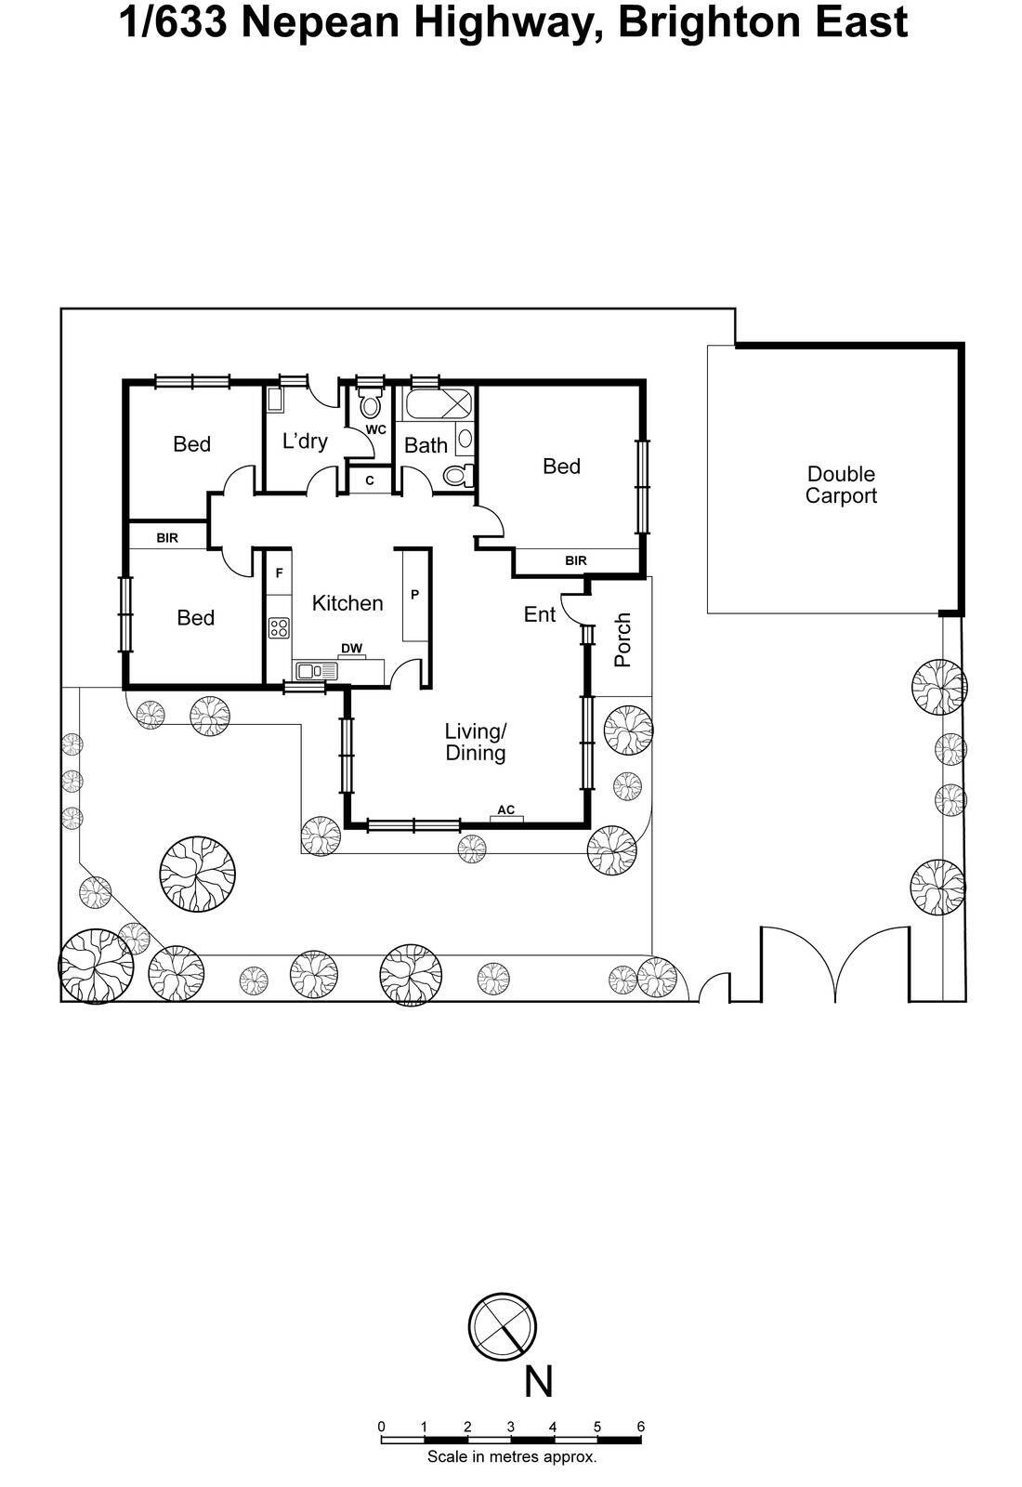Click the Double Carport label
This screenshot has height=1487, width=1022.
(x=841, y=485)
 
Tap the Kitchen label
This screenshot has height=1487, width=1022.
(x=347, y=603)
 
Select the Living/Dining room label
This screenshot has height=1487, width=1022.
(x=475, y=742)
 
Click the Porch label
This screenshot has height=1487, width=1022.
(x=623, y=639)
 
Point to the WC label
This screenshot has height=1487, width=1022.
(x=375, y=430)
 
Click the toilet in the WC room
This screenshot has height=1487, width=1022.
(x=371, y=405)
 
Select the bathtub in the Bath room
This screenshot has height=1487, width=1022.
(x=437, y=405)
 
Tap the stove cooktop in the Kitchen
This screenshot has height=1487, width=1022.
(x=279, y=627)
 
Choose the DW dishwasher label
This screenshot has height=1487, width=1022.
(x=351, y=649)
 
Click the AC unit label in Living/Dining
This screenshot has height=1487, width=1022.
(x=505, y=810)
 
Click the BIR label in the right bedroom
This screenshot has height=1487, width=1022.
(x=576, y=560)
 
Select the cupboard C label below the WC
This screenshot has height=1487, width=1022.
(x=370, y=480)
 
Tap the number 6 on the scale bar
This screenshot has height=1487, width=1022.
(x=640, y=1427)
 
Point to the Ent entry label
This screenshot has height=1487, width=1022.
(x=540, y=614)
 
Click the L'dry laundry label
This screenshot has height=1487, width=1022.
(x=305, y=441)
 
